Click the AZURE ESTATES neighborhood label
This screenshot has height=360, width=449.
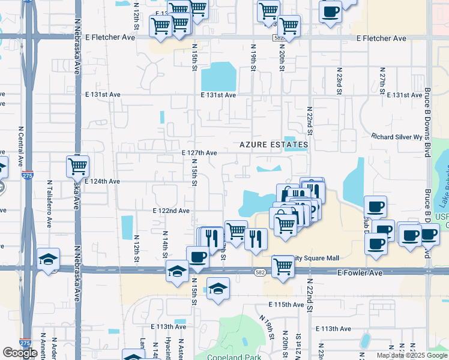click(274, 145)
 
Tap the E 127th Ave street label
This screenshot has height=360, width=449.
click(199, 153)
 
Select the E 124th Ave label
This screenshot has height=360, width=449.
click(102, 181)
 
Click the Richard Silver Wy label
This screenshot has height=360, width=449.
click(397, 137)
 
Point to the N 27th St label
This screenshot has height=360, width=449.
click(382, 85)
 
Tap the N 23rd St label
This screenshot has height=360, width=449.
click(339, 85)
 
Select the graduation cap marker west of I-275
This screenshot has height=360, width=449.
click(48, 259)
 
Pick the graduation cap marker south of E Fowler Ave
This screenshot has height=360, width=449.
click(218, 289)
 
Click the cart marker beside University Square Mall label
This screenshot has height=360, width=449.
click(282, 266)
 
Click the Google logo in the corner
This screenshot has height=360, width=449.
click(20, 353)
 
